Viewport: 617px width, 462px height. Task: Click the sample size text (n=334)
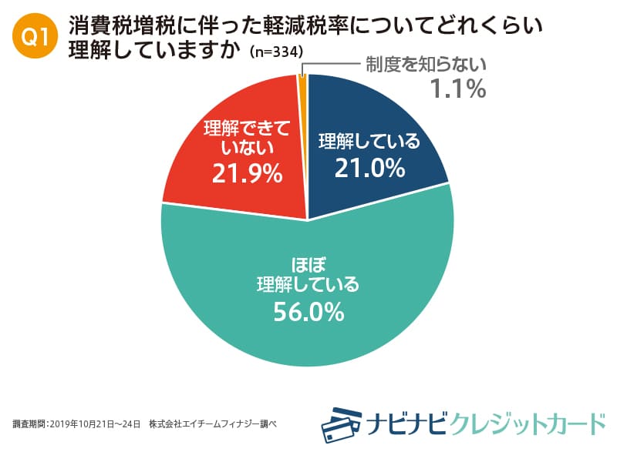(275, 52)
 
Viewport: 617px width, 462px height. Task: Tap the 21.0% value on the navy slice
(369, 167)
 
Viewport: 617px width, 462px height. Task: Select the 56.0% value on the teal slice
(308, 312)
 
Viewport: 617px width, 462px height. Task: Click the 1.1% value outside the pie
(457, 90)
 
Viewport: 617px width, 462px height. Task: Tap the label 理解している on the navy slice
(369, 142)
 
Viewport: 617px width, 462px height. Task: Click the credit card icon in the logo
(342, 423)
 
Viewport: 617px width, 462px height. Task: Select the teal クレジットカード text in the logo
(528, 423)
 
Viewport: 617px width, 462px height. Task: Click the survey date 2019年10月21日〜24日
(95, 423)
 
